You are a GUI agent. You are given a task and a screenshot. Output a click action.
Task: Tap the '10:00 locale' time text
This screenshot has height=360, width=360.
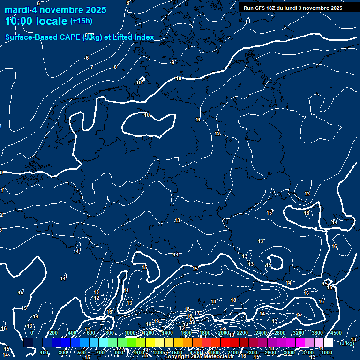pyautogui.click(x=37, y=21)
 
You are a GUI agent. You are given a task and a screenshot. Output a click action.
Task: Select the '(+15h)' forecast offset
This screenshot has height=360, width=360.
pyautogui.click(x=81, y=21)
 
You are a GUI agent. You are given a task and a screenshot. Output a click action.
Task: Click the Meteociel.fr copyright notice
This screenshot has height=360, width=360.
pyautogui.click(x=199, y=357)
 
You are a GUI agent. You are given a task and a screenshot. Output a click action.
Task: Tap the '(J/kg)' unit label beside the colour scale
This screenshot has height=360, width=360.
pyautogui.click(x=347, y=343)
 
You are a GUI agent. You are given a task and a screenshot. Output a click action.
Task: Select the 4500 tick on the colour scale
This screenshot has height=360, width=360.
pyautogui.click(x=336, y=333)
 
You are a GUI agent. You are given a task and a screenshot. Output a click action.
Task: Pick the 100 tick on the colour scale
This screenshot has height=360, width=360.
pyautogui.click(x=45, y=352)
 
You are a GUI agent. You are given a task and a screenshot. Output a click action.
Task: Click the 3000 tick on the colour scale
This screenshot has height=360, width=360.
pyautogui.click(x=289, y=352)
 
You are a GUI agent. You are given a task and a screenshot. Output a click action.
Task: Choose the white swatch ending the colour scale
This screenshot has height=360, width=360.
pyautogui.click(x=328, y=343)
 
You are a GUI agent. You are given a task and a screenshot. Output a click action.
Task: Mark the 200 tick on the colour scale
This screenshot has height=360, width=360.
pyautogui.click(x=53, y=333)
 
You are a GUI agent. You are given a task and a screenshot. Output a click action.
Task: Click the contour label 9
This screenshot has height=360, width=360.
pyautogui.click(x=173, y=62)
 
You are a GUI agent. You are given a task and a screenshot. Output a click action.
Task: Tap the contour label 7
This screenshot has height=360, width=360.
pyautogui.click(x=92, y=67)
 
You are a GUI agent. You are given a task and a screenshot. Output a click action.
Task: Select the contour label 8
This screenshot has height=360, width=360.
pyautogui.click(x=115, y=67)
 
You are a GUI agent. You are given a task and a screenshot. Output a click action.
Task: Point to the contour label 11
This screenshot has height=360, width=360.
pyautogui.click(x=198, y=120)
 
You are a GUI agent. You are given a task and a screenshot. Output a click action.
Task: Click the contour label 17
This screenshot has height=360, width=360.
pyautogui.click(x=197, y=313)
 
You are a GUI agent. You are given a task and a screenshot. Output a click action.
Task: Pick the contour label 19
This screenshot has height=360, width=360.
pyautogui.click(x=157, y=321)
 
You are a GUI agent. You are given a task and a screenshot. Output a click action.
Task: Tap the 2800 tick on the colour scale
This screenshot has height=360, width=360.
pyautogui.click(x=280, y=333)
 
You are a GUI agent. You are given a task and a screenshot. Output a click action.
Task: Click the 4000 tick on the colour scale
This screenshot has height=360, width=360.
pyautogui.click(x=327, y=352)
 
